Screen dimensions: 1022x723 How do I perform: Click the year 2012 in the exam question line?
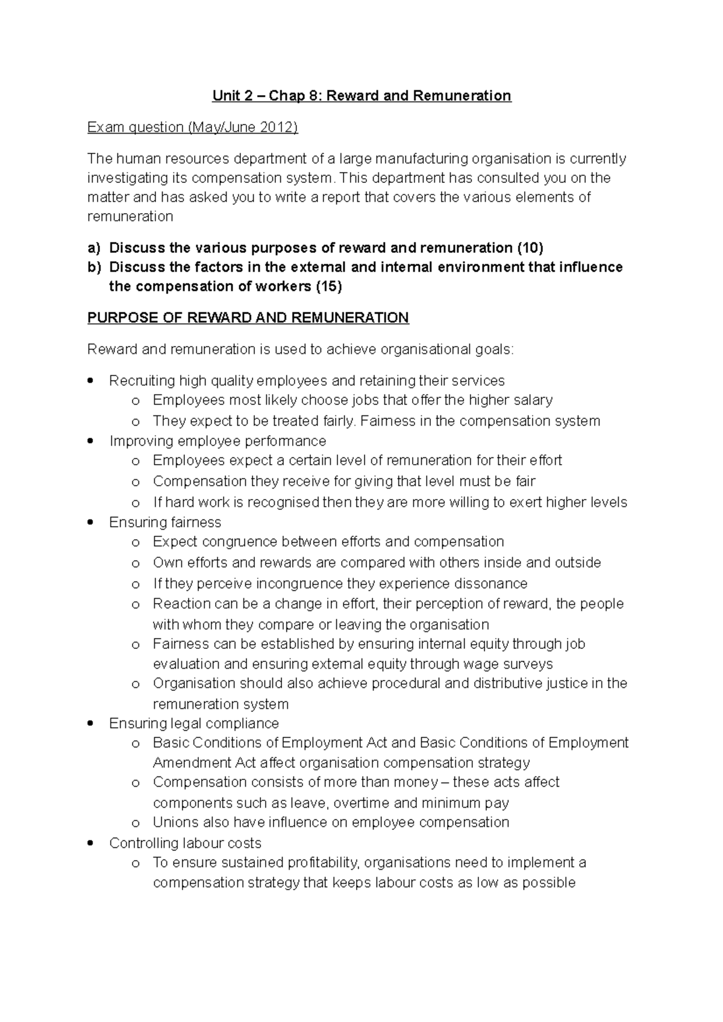(x=279, y=128)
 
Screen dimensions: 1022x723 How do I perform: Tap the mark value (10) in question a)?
(x=530, y=248)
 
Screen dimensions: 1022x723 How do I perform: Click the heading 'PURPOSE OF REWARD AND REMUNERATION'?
(x=248, y=318)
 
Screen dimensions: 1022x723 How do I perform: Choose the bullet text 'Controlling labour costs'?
(x=185, y=843)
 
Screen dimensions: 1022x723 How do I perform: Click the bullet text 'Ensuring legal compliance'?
(x=193, y=723)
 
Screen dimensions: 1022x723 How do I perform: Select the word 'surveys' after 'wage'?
(x=525, y=664)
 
